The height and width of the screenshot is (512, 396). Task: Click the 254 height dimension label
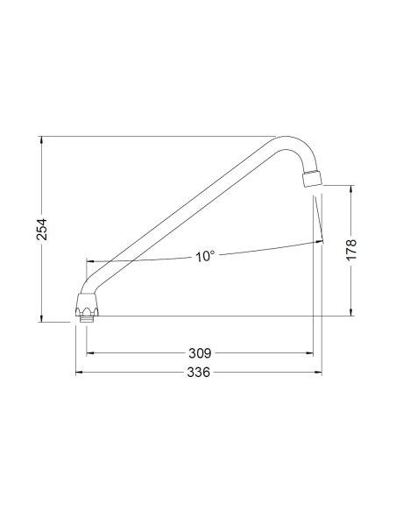pos(42,229)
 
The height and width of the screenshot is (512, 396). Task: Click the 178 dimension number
pos(351,250)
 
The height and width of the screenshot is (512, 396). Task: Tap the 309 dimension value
pos(200,353)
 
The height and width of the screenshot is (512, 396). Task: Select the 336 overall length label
pos(198,372)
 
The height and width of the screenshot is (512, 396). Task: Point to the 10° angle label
pos(205,256)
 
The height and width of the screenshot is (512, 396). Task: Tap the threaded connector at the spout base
pos(87,318)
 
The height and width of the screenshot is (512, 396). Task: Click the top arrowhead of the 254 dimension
pos(41,140)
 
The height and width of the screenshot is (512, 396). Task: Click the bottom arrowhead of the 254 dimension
pos(41,318)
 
